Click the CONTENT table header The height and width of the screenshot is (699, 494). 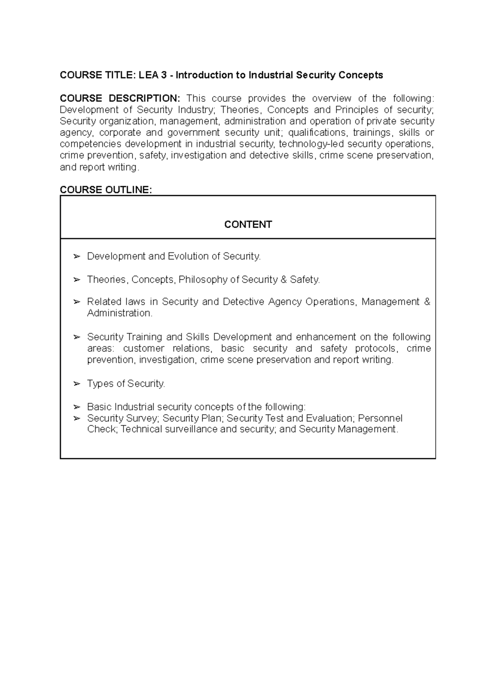[x=248, y=224]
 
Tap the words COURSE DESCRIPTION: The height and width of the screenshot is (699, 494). [x=120, y=98]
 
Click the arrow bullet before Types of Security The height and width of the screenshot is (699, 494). [x=76, y=384]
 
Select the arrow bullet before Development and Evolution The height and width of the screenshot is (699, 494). [x=76, y=256]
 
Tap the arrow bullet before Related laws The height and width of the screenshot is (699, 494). [x=76, y=302]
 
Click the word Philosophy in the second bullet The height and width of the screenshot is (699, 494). [x=203, y=280]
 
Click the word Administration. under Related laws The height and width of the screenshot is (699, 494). [x=119, y=313]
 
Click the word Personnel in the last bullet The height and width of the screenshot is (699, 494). [x=380, y=418]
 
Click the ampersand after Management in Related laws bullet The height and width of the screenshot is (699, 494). [x=427, y=302]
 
